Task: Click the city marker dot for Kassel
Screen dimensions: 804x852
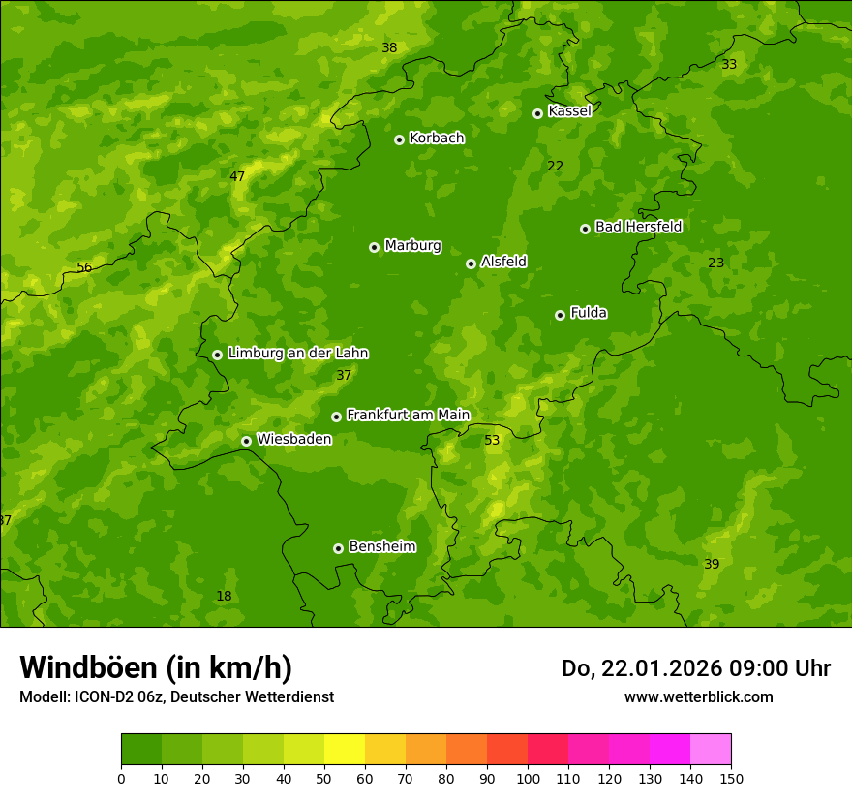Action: [537, 113]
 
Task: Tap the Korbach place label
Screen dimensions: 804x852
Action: [437, 139]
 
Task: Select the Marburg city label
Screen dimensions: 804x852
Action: [412, 246]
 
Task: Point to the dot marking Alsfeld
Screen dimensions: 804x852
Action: [471, 263]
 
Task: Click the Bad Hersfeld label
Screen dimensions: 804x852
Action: [638, 227]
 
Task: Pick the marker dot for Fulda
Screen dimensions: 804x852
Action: [560, 315]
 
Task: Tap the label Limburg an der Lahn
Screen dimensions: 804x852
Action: [297, 354]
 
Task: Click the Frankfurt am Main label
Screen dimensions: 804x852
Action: [408, 415]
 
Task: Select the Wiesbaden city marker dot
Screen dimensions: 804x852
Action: [246, 441]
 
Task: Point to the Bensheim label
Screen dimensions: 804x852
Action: [381, 547]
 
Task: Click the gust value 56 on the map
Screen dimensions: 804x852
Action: [84, 268]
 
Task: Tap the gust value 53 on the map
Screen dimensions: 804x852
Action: [492, 441]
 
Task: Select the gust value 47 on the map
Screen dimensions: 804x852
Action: [237, 177]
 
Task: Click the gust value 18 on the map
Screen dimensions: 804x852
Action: [224, 597]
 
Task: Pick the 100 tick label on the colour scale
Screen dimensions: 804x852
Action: [528, 778]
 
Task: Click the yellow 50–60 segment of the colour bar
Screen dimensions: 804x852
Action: [345, 750]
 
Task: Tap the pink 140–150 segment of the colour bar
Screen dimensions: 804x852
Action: [711, 750]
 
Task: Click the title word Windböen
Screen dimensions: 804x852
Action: [88, 667]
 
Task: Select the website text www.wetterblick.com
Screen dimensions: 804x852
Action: [698, 696]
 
